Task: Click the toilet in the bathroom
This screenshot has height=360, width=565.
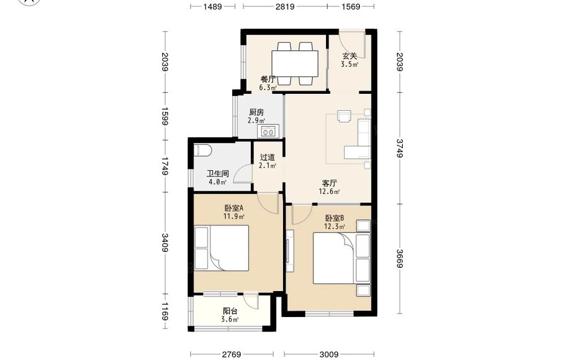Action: coord(202,150)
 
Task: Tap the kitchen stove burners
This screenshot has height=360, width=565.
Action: coord(268,131)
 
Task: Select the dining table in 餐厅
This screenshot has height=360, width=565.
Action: coord(295,63)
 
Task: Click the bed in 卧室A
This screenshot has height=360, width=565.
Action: coord(221,248)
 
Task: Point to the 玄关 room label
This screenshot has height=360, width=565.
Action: coord(350,56)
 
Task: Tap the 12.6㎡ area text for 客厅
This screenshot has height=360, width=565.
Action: coord(329,192)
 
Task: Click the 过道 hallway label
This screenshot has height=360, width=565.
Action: coord(267,158)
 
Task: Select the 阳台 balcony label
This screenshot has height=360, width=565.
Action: coord(230,311)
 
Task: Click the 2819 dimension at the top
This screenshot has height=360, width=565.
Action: coord(285,6)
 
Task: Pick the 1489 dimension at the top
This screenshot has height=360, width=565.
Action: coord(212,6)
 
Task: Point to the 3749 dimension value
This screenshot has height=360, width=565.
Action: coord(399,148)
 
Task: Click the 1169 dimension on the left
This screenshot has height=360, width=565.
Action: coord(164,311)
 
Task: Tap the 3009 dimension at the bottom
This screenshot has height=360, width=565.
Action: coord(329,354)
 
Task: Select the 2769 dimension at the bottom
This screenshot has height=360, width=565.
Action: coord(231,354)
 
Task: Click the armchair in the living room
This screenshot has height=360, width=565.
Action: coord(344,116)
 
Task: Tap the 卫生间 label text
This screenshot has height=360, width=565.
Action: coord(218,174)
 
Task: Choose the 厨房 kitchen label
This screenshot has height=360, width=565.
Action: coord(256,112)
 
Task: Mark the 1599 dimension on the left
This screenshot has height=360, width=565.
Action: coord(164,116)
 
